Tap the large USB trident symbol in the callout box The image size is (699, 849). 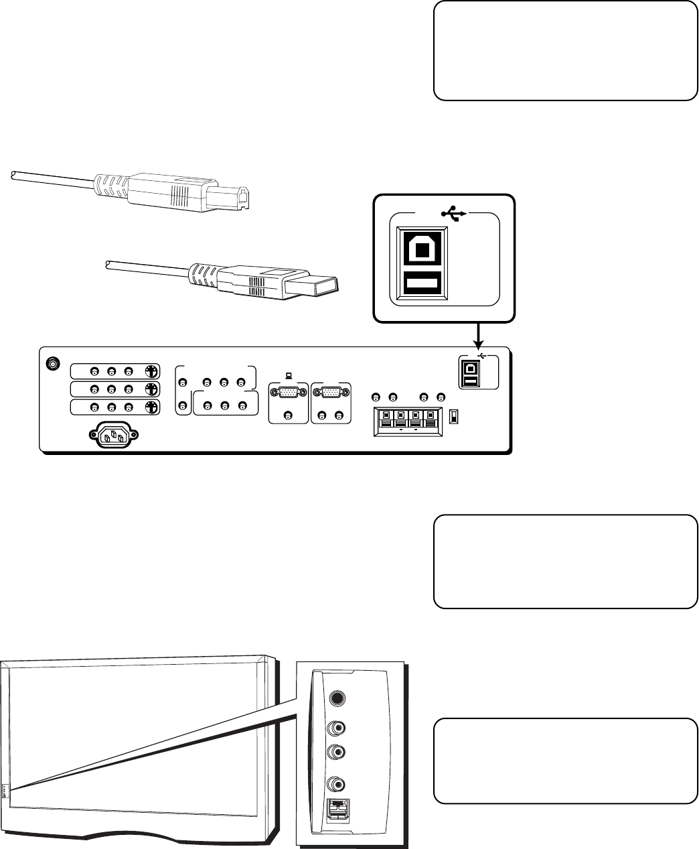click(x=455, y=215)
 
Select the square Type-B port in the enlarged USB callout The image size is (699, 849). click(x=421, y=250)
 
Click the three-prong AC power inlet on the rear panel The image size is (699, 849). click(x=112, y=437)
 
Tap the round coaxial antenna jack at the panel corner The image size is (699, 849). click(x=52, y=364)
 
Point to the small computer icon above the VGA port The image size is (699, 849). click(x=289, y=377)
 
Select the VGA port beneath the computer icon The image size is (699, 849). click(x=288, y=393)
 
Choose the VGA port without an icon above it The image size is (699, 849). click(x=331, y=393)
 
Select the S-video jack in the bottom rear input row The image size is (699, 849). click(x=152, y=407)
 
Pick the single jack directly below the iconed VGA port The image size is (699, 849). click(x=288, y=415)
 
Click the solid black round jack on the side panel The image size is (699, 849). click(x=338, y=698)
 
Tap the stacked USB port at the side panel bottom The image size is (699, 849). click(x=337, y=812)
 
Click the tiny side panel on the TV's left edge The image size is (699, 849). click(x=5, y=791)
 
